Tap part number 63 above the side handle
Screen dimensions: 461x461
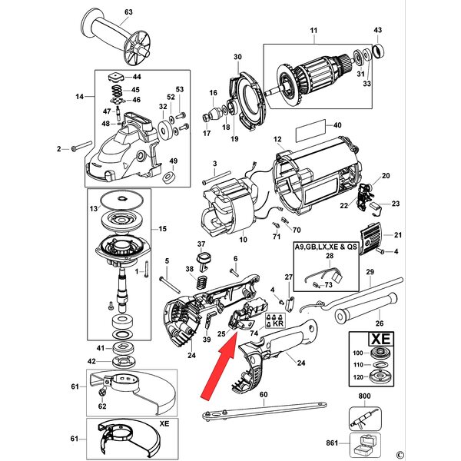point(128,12)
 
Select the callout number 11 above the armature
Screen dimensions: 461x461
point(313,31)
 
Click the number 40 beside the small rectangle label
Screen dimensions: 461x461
point(336,125)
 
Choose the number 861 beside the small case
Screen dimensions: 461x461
point(333,443)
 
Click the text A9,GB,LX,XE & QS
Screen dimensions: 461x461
point(327,248)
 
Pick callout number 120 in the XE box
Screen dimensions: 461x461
point(357,377)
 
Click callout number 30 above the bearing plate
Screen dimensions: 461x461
point(237,57)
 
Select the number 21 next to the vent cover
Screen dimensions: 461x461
point(397,235)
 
